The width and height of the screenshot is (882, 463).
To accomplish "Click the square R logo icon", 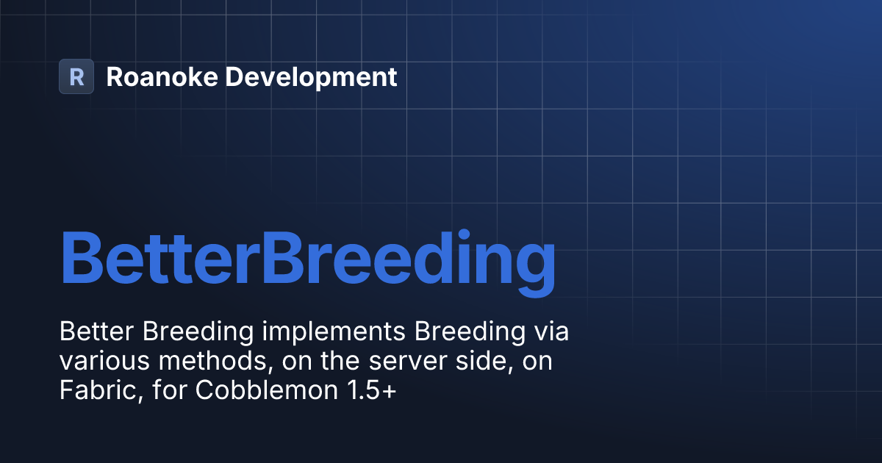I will click(76, 76).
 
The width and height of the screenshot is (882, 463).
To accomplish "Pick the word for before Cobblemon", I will click(171, 391).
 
